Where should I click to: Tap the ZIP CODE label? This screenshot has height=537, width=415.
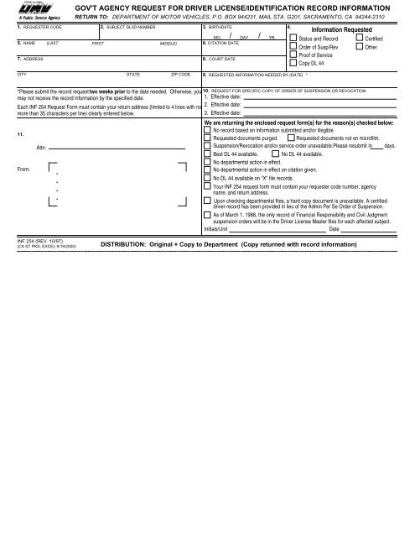(181, 97)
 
